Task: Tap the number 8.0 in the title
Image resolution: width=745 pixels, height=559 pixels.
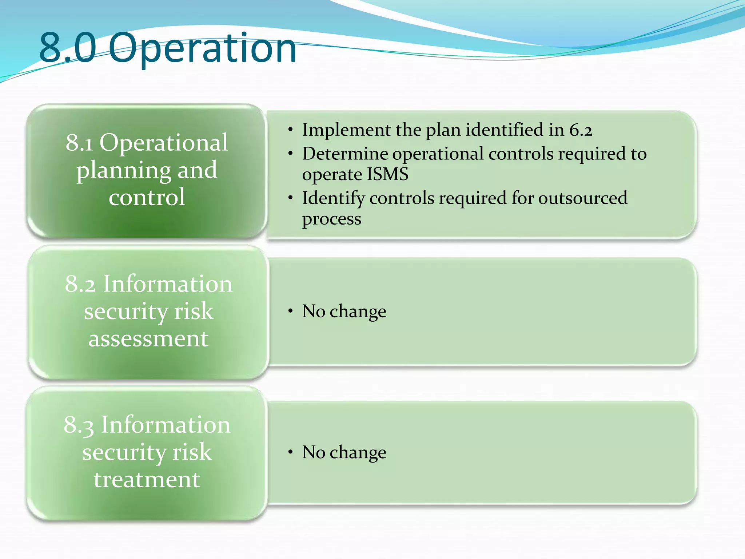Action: point(68,47)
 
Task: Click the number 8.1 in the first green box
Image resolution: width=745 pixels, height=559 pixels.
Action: point(79,143)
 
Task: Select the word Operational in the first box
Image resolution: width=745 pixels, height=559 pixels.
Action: point(164,142)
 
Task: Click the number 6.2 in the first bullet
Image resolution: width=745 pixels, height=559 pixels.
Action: point(581,130)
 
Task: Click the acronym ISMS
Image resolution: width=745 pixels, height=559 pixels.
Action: point(387,174)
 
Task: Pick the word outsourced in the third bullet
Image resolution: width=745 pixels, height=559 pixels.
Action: point(582,198)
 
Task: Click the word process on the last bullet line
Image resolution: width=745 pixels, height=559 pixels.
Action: point(331,219)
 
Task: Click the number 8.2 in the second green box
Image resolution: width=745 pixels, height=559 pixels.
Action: point(80,284)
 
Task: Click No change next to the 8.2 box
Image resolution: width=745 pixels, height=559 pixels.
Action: point(344,311)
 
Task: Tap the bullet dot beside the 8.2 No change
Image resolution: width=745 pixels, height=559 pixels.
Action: point(290,311)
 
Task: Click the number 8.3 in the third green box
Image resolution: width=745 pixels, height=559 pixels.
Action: point(79,425)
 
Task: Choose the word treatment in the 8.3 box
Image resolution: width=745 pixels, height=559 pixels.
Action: point(147,480)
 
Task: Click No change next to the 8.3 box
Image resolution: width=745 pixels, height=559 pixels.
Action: point(344,452)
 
